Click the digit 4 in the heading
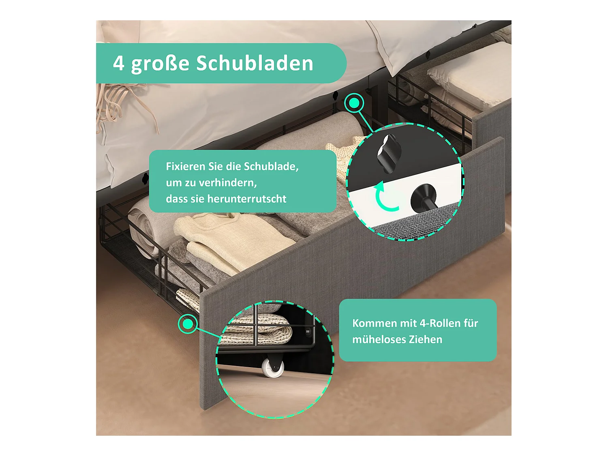pyautogui.click(x=118, y=63)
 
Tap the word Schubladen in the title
pyautogui.click(x=255, y=63)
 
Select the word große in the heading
pyautogui.click(x=160, y=64)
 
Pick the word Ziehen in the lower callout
pyautogui.click(x=425, y=340)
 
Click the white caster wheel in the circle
pyautogui.click(x=272, y=368)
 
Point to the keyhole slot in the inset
pyautogui.click(x=388, y=152)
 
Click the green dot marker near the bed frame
pyautogui.click(x=354, y=103)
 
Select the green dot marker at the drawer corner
pyautogui.click(x=188, y=324)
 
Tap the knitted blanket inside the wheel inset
pyautogui.click(x=255, y=329)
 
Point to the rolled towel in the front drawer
pyautogui.click(x=142, y=225)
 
